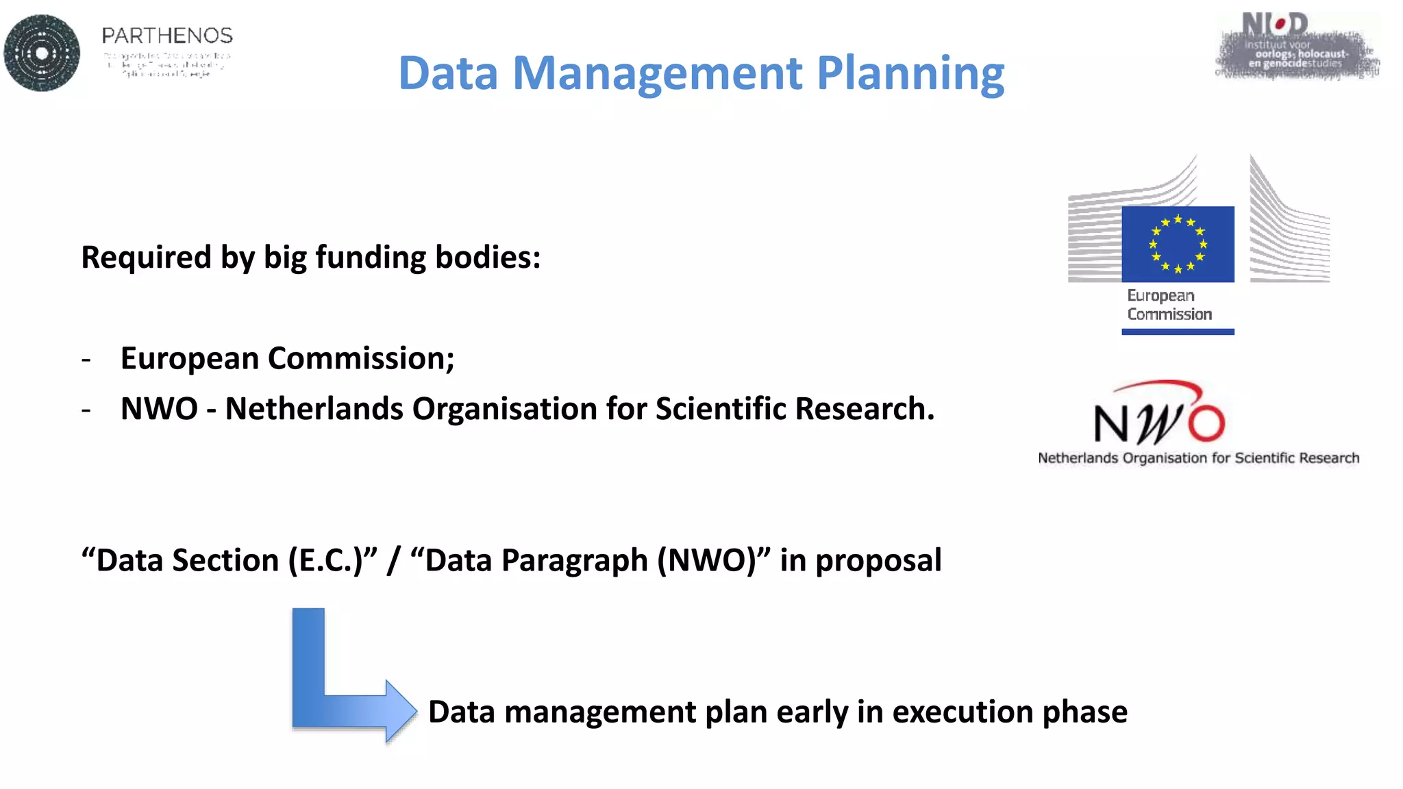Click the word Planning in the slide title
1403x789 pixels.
pos(910,73)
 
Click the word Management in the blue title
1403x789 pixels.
pos(658,73)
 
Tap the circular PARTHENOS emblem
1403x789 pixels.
pos(42,53)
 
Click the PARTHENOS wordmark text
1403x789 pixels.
pos(167,36)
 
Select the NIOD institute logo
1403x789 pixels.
pos(1297,47)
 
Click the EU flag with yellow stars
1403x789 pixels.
pos(1178,244)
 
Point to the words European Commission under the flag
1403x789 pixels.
pos(1169,305)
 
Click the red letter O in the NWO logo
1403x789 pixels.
pos(1206,423)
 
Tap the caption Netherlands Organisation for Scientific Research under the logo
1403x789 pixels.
pos(1198,458)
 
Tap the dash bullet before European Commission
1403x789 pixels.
pos(86,359)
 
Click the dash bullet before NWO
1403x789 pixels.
pos(86,410)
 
